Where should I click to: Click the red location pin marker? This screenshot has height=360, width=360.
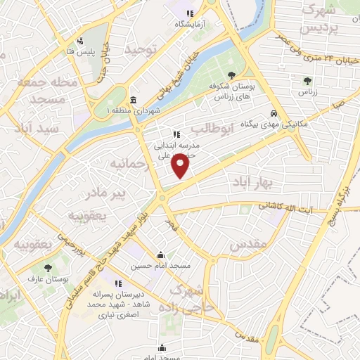(181, 167)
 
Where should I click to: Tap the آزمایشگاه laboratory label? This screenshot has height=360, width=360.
(188, 23)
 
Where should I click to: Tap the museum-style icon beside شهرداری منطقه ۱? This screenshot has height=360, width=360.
(134, 99)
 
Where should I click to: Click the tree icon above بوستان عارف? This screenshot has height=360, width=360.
(48, 269)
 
